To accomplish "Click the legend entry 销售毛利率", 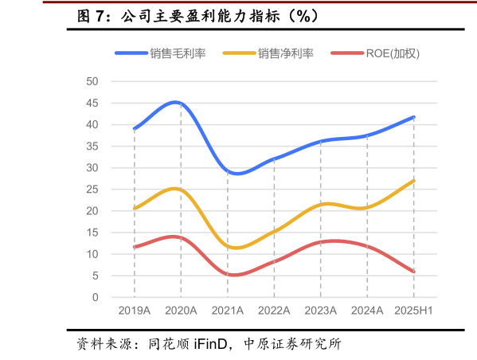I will coord(177,53).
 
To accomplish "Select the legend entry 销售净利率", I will coord(285,53).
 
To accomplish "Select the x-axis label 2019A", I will coord(134,310).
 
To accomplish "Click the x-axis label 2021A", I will coord(227,310).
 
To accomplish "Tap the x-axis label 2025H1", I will coord(413,310).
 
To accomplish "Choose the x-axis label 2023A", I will coord(320,310).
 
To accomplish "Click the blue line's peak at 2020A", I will coord(181,103).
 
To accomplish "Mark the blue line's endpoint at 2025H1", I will coord(414,117).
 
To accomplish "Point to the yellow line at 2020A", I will coord(181,190).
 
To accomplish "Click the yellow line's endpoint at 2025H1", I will coord(414,181).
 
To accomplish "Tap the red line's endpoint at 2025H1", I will coord(414,272).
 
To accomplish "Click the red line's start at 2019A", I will coord(135,247).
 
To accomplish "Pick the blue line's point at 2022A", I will coord(274,158).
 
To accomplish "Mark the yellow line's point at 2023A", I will coord(321,205).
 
